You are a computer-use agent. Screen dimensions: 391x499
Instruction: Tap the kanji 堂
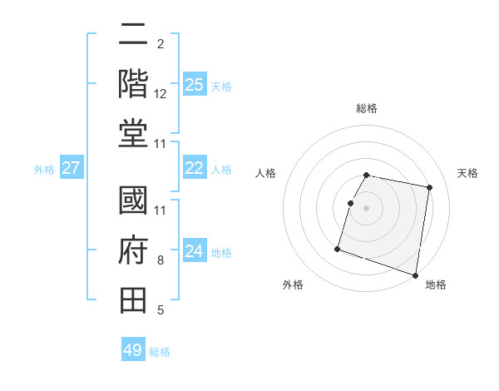click(134, 134)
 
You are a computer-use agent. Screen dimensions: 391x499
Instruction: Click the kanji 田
click(134, 300)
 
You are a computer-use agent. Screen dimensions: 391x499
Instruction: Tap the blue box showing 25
click(194, 84)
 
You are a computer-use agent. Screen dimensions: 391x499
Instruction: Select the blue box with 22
click(194, 168)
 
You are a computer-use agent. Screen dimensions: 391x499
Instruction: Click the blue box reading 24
click(194, 251)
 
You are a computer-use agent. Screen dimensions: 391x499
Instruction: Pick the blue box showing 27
click(71, 168)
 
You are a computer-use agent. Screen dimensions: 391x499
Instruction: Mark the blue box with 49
click(133, 350)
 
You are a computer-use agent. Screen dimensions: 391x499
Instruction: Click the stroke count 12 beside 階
click(161, 93)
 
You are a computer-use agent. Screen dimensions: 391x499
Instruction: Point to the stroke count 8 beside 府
click(161, 260)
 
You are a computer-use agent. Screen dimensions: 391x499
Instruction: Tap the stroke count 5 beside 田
click(161, 311)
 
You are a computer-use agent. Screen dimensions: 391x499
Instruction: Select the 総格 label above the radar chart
click(367, 108)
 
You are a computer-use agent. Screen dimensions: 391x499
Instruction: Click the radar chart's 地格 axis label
click(436, 285)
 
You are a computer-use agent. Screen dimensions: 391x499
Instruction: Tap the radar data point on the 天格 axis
click(429, 189)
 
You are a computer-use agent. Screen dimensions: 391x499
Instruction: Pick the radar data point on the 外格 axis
click(338, 249)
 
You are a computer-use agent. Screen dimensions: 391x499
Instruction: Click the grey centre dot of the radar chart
click(367, 209)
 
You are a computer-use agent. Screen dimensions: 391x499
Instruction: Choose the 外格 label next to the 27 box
click(44, 169)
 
